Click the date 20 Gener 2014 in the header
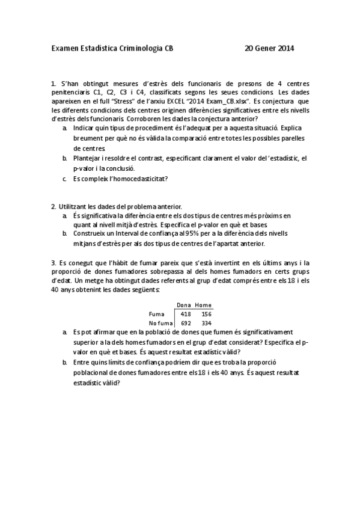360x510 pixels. (270, 48)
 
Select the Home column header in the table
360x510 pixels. (204, 305)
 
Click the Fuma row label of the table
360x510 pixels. (156, 314)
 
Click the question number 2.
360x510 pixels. (53, 206)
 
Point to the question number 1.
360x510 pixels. (53, 84)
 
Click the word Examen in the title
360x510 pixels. (64, 48)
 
